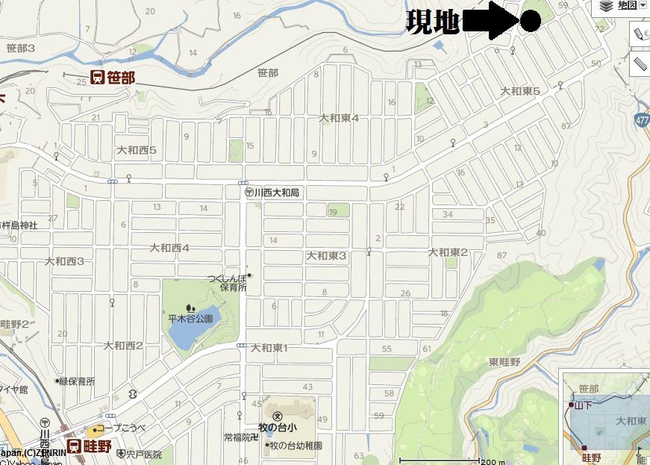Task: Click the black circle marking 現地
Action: pyautogui.click(x=530, y=22)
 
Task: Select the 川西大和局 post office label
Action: pyautogui.click(x=273, y=193)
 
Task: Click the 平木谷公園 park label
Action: pyautogui.click(x=190, y=318)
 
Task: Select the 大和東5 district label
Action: pyautogui.click(x=519, y=91)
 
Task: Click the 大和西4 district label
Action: pyautogui.click(x=169, y=248)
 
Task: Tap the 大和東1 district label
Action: pyautogui.click(x=269, y=348)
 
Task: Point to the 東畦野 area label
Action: pyautogui.click(x=504, y=361)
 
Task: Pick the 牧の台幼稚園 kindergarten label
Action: pyautogui.click(x=294, y=446)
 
